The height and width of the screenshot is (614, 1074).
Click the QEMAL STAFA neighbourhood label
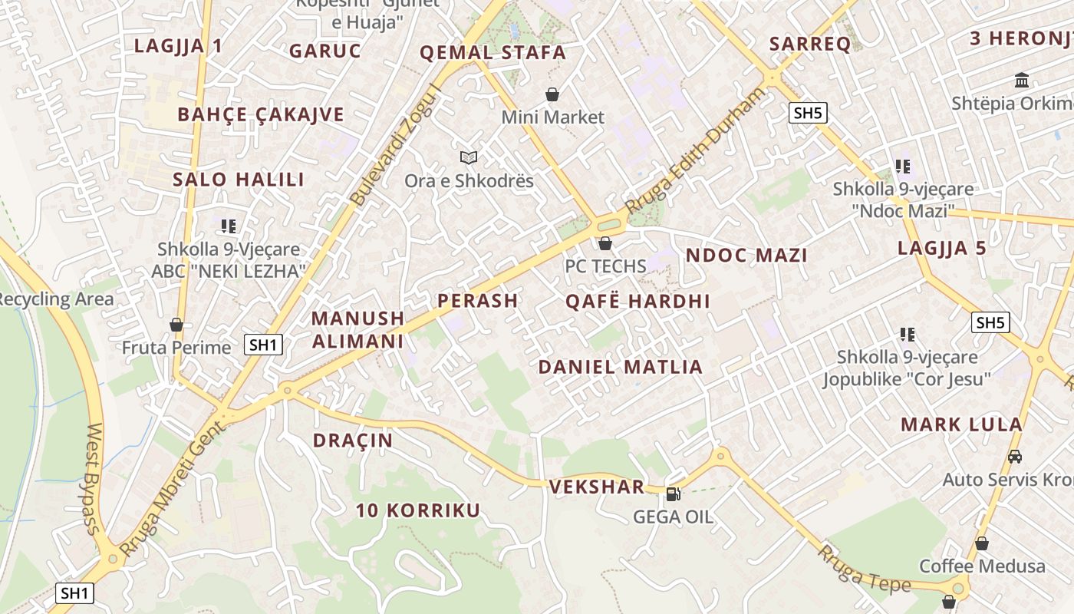(x=493, y=53)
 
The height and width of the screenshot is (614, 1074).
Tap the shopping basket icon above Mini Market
(x=552, y=94)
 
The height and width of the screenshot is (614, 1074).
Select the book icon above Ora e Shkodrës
(x=469, y=157)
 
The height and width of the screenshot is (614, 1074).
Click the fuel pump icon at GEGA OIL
(x=673, y=494)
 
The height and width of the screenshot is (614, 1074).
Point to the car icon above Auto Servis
(x=1015, y=456)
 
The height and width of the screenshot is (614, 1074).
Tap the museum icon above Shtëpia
(x=1022, y=80)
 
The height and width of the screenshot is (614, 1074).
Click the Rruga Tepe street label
(x=864, y=569)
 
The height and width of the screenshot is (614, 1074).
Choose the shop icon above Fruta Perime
(x=176, y=325)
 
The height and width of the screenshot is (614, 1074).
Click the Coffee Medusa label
(x=982, y=566)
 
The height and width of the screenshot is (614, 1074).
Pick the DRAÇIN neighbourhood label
(x=353, y=441)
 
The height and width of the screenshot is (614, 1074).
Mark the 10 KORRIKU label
(x=418, y=510)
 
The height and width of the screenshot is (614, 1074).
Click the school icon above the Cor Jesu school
(x=908, y=334)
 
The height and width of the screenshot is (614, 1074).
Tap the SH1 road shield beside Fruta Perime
(x=263, y=345)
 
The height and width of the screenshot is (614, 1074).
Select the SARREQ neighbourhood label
(x=810, y=44)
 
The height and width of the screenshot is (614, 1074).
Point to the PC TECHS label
(x=606, y=266)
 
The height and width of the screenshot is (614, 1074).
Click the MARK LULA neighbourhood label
(x=961, y=424)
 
